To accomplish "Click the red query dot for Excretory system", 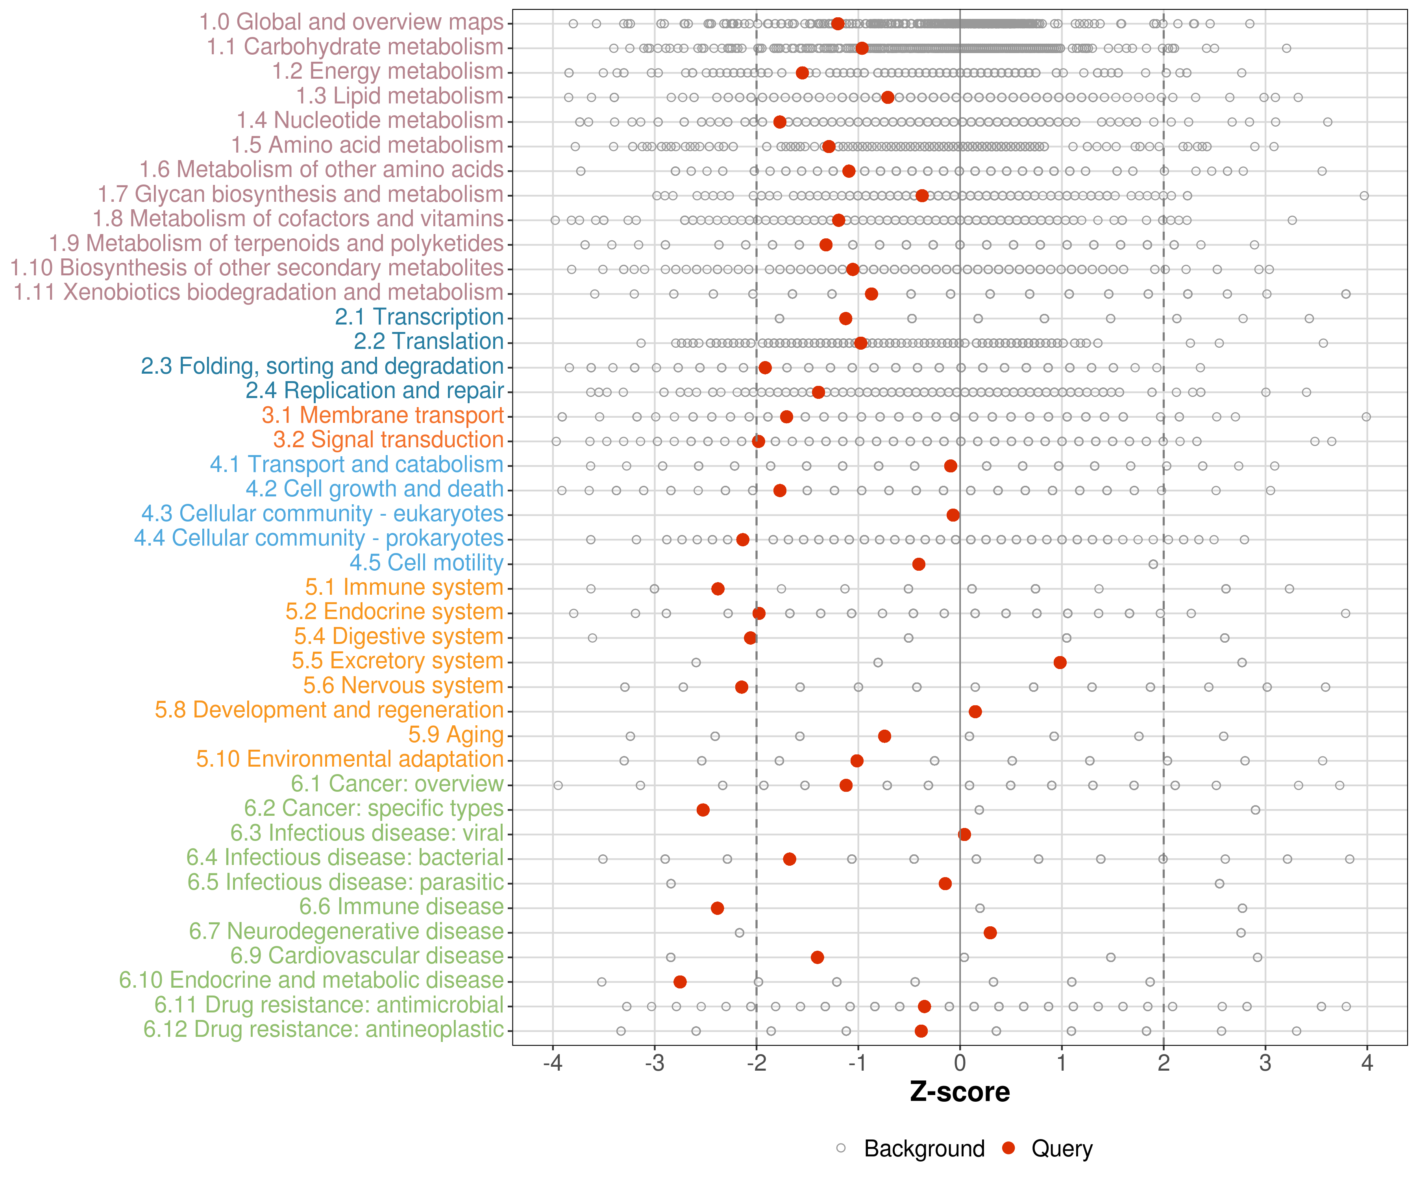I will coord(1060,662).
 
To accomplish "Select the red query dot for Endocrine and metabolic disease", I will coord(680,982).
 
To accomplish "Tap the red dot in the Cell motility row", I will coord(918,564).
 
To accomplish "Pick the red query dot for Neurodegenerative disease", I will coord(990,933).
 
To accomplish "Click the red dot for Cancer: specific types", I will coord(703,810).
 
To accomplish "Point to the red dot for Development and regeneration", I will coord(975,712).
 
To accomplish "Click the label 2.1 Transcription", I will coord(419,317).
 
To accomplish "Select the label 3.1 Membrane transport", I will coord(383,415).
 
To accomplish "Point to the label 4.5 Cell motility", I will coord(426,562).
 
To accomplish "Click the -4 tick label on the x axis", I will coord(553,1063).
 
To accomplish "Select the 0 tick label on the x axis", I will coord(960,1063).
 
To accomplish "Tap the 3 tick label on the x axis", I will coord(1265,1063).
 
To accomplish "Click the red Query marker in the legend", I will coord(1009,1148).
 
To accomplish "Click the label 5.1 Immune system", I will coord(404,587).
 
